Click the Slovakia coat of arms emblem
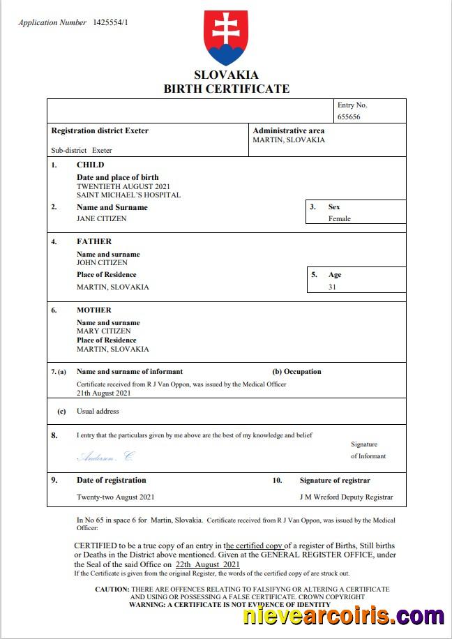pyautogui.click(x=225, y=38)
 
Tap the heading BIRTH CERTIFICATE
pyautogui.click(x=226, y=89)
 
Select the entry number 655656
pyautogui.click(x=349, y=117)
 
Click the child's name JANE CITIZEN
pyautogui.click(x=102, y=218)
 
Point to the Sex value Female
pyautogui.click(x=340, y=218)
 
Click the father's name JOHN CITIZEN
pyautogui.click(x=102, y=263)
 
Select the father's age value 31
pyautogui.click(x=332, y=287)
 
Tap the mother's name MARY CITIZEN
pyautogui.click(x=103, y=331)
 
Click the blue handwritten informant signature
pyautogui.click(x=105, y=457)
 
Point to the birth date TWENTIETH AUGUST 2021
pyautogui.click(x=123, y=187)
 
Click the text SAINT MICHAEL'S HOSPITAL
pyautogui.click(x=128, y=195)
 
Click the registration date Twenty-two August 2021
pyautogui.click(x=115, y=497)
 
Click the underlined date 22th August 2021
pyautogui.click(x=208, y=564)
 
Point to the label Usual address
pyautogui.click(x=98, y=412)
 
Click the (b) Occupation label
pyautogui.click(x=296, y=372)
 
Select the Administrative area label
pyautogui.click(x=289, y=130)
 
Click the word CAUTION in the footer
pyautogui.click(x=112, y=589)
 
